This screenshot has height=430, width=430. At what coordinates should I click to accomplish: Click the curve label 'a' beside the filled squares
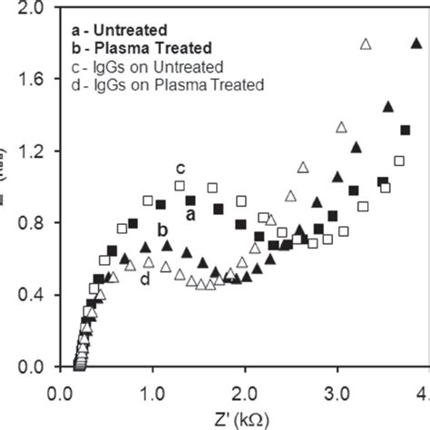tap(190, 215)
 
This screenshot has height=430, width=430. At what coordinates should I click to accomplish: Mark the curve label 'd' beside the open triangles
tap(145, 279)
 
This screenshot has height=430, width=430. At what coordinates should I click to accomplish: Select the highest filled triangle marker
tap(415, 42)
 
